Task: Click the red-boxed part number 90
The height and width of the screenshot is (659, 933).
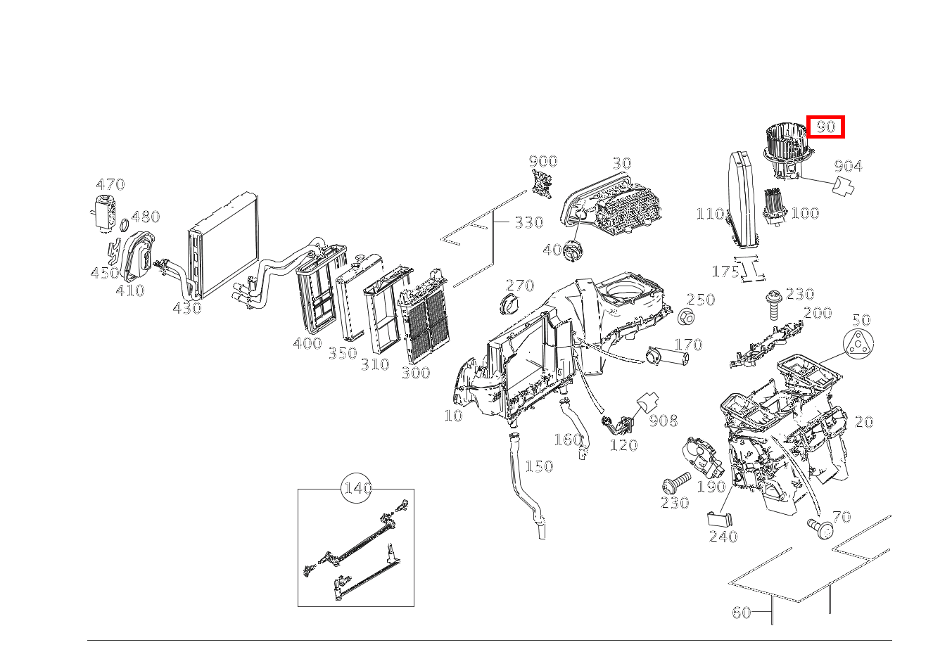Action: point(825,127)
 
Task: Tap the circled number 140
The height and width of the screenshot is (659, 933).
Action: point(357,488)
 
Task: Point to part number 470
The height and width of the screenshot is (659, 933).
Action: point(110,184)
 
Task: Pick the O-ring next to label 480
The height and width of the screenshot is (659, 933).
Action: point(124,225)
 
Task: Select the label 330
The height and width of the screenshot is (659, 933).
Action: point(528,223)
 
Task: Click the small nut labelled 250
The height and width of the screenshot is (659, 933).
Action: point(687,317)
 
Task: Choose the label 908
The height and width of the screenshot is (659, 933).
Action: point(663,421)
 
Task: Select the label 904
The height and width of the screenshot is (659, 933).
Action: point(848,166)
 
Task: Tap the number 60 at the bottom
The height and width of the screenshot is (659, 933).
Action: point(741,613)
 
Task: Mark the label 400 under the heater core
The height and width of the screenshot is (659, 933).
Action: point(307,343)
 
